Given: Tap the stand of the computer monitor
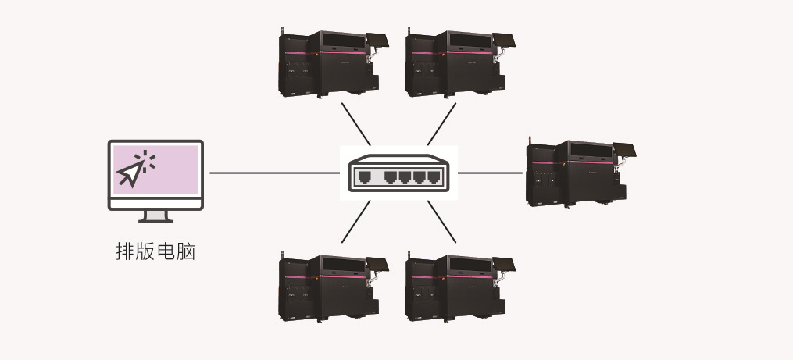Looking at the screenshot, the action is pos(155,216).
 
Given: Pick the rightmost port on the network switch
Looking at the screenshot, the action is pos(430,176).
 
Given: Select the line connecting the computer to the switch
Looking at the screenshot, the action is pos(273,173).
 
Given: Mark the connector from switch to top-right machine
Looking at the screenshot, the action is pos(441,123).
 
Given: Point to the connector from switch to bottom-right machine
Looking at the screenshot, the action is pos(441,221).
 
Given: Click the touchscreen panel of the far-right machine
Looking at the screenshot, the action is pos(626,151).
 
